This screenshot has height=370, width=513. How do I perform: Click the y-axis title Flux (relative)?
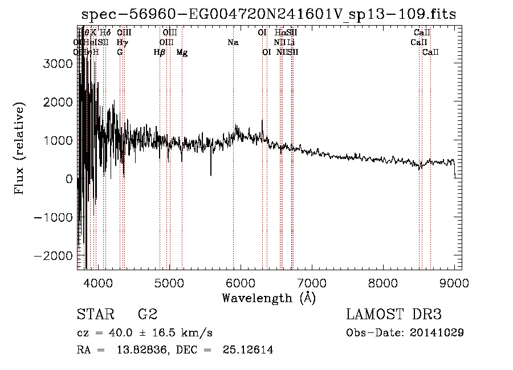(20, 149)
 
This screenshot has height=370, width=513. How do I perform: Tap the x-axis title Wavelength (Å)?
(268, 298)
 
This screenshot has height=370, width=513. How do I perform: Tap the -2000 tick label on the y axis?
(54, 255)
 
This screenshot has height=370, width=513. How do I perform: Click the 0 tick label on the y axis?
(69, 179)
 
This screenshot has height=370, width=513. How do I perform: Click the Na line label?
(233, 43)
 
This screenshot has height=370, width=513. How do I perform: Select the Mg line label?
(182, 52)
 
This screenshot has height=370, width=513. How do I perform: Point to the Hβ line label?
(160, 52)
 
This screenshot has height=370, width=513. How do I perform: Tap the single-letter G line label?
(120, 52)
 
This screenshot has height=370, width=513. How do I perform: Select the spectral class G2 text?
(147, 315)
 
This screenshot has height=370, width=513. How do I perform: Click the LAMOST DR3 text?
(394, 315)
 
